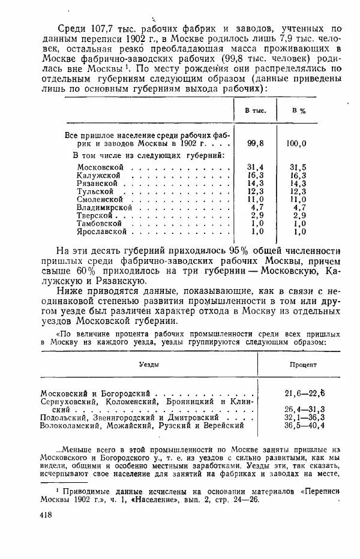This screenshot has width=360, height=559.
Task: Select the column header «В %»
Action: [298, 111]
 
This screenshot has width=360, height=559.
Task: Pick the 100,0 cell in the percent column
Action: [296, 143]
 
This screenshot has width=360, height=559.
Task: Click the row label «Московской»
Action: [100, 166]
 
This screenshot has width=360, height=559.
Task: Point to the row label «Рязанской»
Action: [98, 182]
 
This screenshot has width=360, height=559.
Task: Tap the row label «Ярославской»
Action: [102, 230]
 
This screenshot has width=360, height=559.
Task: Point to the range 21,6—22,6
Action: [305, 392]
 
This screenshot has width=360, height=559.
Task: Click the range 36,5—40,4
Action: [305, 425]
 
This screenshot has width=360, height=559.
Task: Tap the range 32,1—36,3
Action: [305, 417]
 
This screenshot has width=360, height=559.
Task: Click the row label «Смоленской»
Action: [100, 199]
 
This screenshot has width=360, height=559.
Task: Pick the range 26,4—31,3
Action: [305, 409]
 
